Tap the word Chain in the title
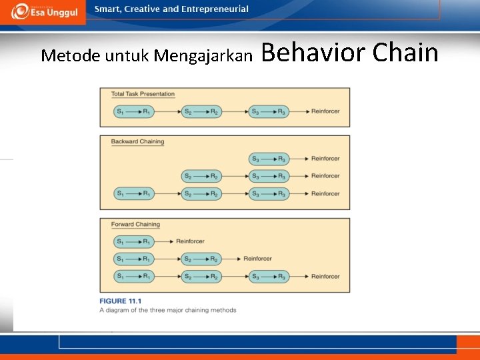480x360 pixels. pos(405,53)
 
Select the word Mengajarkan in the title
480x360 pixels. pos(203,55)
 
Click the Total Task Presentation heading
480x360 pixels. pos(143,94)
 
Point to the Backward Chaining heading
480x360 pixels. pos(137,141)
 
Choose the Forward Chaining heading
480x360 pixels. pos(135,224)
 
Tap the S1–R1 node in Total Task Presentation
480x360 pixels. pos(133,111)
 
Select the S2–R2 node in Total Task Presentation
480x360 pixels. pos(201,111)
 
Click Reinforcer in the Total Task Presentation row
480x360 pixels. pos(325,111)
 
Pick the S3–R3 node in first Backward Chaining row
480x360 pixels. pos(269,159)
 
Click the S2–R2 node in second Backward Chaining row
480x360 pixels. pos(201,176)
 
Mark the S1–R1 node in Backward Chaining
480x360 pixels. pos(133,193)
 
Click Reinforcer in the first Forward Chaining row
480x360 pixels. pos(191,241)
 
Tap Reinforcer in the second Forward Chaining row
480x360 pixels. pos(257,259)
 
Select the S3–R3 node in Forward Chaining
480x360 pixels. pos(269,276)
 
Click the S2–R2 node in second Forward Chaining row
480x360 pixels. pos(201,259)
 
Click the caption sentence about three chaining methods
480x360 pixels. pos(167,310)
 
